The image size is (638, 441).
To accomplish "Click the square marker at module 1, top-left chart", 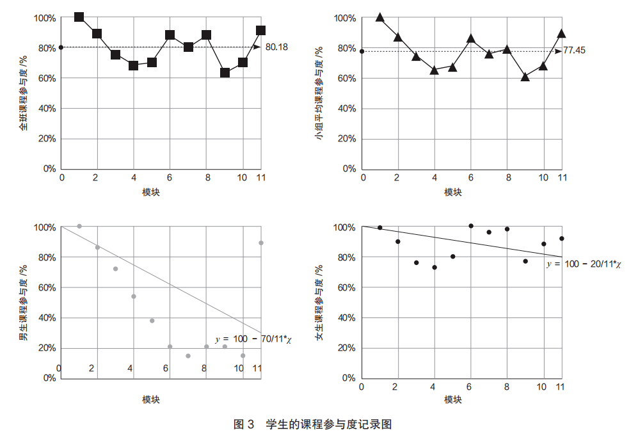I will [x=79, y=17].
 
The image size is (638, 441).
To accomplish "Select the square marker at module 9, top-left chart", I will [x=225, y=73].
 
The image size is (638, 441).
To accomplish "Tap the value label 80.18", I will [x=276, y=47].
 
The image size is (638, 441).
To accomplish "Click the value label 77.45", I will [x=574, y=50].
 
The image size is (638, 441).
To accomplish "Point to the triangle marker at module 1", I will [x=380, y=17].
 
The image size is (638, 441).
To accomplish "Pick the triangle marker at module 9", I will [x=525, y=77].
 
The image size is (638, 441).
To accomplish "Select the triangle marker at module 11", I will [x=561, y=33].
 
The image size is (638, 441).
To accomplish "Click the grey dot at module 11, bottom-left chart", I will [x=261, y=243].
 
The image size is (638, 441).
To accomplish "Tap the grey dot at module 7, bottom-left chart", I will [x=188, y=356].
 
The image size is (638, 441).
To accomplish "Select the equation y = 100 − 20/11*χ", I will [x=583, y=263].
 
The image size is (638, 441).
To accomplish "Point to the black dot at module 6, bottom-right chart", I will [x=471, y=226].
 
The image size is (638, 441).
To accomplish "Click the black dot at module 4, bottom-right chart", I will [x=435, y=268].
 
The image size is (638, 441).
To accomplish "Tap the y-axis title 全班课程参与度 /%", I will [x=24, y=93].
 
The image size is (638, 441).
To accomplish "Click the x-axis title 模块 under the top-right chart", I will [x=453, y=192].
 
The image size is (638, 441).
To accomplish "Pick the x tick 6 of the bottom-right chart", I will [x=471, y=386].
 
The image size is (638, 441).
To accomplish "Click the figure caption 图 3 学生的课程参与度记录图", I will [x=312, y=424].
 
